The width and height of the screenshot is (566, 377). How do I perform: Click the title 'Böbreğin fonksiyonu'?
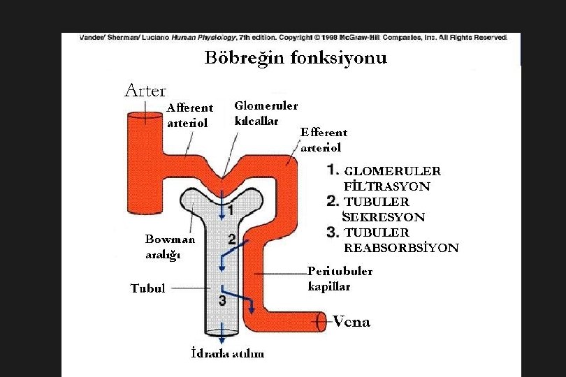point(296,58)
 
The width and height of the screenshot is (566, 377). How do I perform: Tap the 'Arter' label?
point(145,90)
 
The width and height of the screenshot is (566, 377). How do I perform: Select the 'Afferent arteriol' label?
point(189,115)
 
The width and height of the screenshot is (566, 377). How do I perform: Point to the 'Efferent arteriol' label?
point(323,140)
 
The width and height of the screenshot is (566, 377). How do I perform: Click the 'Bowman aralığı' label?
point(170,246)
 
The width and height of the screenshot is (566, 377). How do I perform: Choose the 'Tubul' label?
point(147,288)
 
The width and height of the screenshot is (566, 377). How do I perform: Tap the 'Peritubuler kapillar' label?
point(340,279)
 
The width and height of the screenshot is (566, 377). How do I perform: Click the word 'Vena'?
point(351,322)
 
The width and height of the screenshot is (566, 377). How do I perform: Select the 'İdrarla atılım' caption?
point(228,353)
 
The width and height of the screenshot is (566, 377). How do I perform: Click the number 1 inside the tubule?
point(230,209)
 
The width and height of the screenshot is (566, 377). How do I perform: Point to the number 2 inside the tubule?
point(231,239)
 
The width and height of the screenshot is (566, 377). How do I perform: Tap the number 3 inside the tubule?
point(222,300)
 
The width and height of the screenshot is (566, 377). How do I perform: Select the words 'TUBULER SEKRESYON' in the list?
point(384,209)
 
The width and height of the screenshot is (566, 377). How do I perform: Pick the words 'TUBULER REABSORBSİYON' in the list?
point(400,240)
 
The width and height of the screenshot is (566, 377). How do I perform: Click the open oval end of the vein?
point(321,322)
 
